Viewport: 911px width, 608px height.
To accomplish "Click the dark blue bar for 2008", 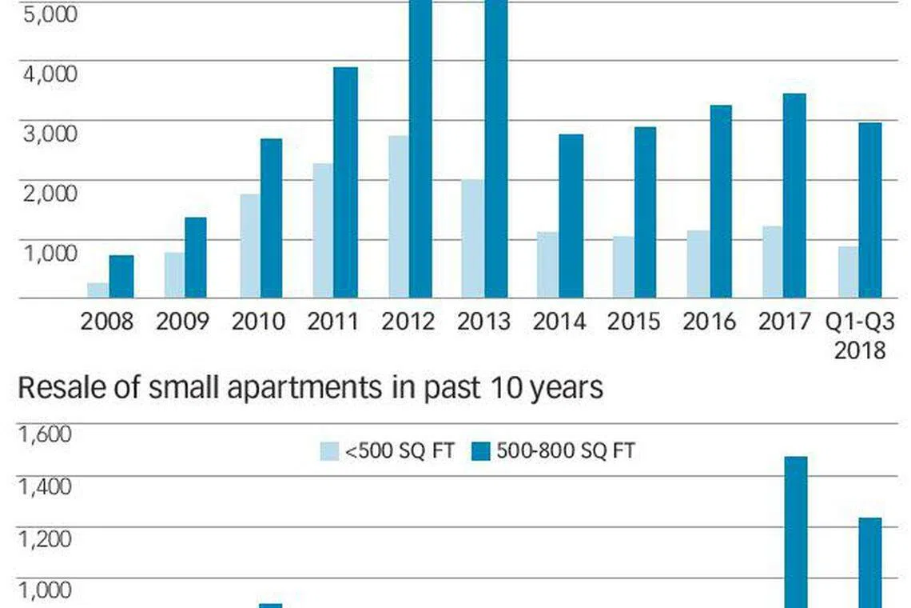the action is click(121, 277).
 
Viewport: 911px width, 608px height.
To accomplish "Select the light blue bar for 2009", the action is click(174, 275).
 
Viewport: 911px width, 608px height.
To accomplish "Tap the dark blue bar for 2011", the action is click(345, 182).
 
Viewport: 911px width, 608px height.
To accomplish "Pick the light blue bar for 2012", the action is click(399, 217).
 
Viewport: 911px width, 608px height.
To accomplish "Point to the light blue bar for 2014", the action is click(547, 266).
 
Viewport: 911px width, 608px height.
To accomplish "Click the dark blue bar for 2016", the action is click(721, 202).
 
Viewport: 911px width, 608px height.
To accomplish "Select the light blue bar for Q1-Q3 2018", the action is click(848, 272).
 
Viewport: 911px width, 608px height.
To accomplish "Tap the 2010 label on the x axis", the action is click(258, 321).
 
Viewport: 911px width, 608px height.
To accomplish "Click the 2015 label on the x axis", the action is click(633, 321).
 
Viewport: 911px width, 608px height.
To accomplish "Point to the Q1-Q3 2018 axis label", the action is click(860, 336).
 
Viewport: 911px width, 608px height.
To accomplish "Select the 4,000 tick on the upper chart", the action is click(50, 74).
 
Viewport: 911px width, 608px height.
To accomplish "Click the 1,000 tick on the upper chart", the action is click(50, 253).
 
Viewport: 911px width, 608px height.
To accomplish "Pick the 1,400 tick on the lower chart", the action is click(46, 486).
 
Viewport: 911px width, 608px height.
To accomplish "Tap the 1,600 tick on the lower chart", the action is click(46, 434).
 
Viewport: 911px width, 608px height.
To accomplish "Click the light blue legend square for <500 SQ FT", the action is click(329, 451).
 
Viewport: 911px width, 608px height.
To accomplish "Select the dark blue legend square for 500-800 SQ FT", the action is click(481, 451).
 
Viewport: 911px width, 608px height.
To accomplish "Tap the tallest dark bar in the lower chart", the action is click(796, 532).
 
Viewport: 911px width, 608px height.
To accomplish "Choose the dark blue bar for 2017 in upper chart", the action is click(794, 196).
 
